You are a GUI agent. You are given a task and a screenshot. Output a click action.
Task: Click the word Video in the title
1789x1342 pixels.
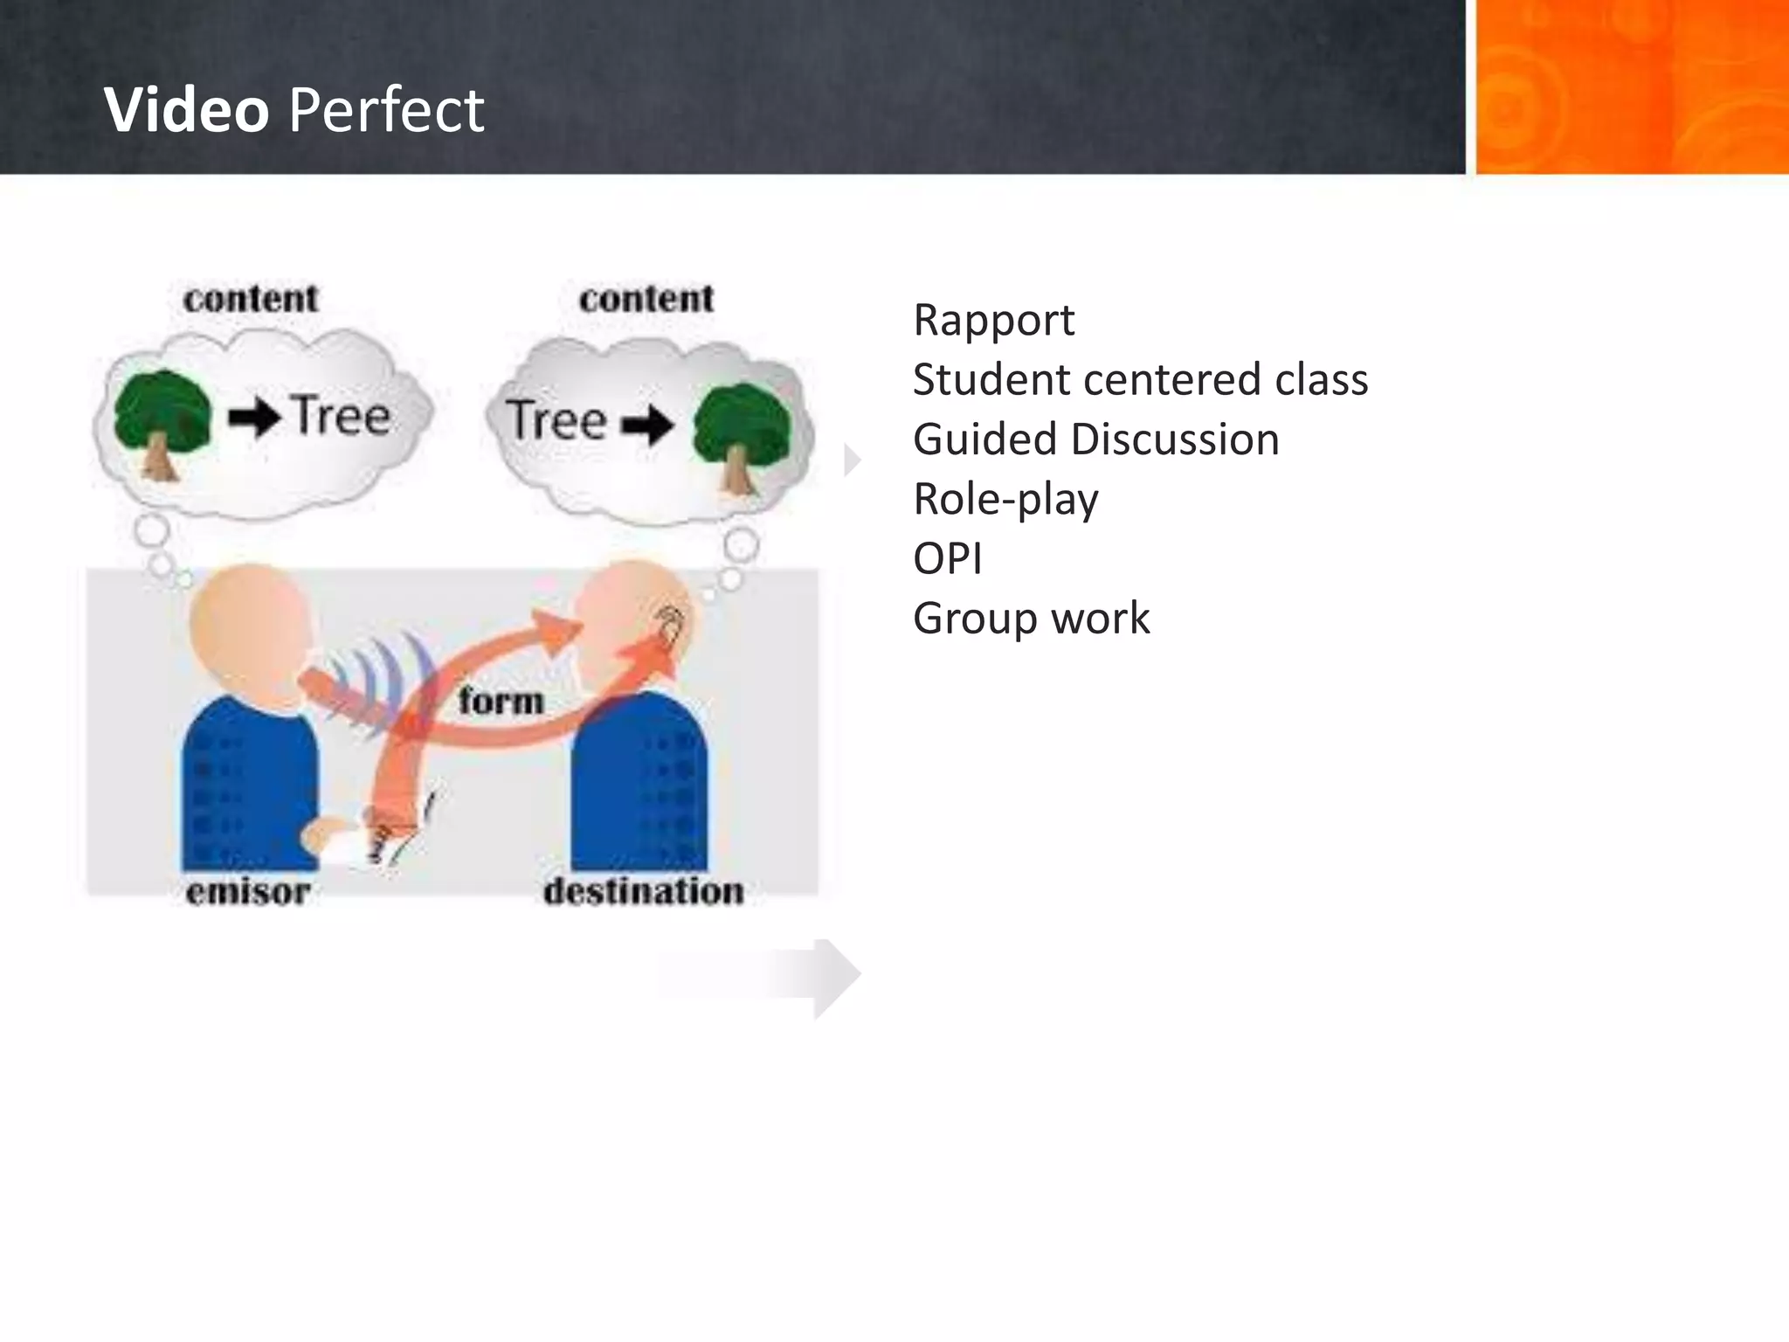click(186, 110)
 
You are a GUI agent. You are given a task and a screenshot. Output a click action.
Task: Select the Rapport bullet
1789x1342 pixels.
click(993, 320)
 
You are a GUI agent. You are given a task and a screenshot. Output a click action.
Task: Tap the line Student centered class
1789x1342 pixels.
click(1140, 380)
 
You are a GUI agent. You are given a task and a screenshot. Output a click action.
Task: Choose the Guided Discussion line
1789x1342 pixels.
click(1095, 439)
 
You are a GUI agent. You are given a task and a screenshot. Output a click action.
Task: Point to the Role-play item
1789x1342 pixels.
click(1005, 500)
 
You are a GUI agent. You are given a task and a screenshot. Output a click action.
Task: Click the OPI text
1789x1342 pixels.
click(947, 559)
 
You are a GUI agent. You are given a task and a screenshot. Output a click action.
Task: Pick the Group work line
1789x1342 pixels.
click(1031, 619)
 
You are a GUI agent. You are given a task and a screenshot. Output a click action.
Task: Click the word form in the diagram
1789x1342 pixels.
click(501, 701)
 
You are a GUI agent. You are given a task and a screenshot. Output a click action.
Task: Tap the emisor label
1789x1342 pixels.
click(248, 892)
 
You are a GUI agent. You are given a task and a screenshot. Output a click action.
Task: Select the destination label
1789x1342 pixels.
click(644, 892)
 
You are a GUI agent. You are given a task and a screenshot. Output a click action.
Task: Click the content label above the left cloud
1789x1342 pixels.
click(251, 299)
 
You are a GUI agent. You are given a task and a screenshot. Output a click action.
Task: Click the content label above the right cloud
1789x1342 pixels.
click(646, 299)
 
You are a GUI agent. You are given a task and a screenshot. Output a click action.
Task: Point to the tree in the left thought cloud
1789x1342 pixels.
click(162, 421)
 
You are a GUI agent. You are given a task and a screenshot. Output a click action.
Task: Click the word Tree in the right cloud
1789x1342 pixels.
click(557, 419)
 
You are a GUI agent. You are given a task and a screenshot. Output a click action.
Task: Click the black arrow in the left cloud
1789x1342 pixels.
click(254, 419)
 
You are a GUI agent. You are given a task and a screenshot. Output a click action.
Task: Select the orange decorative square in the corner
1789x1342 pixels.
click(1631, 87)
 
